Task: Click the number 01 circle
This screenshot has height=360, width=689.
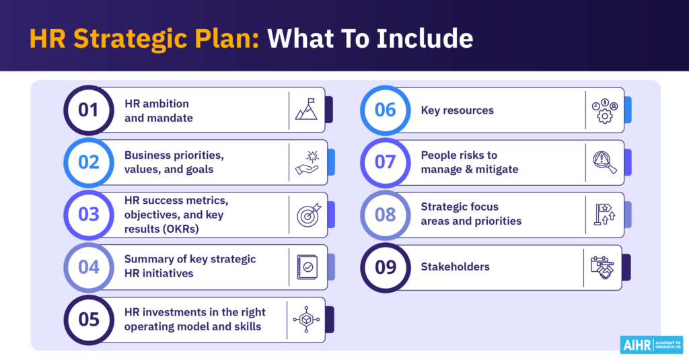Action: pos(89,110)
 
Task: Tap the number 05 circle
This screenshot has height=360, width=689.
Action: pos(89,320)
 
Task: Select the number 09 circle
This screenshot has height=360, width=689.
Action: pos(386,267)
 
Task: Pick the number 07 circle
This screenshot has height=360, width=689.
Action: pos(386,162)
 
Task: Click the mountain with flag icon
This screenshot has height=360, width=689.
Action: pos(306,110)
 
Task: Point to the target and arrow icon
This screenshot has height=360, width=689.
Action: pos(309,215)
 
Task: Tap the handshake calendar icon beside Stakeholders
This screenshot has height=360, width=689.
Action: pos(602,267)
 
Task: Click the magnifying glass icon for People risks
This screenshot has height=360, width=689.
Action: pos(604,162)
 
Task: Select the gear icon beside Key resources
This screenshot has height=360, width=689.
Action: pos(604,110)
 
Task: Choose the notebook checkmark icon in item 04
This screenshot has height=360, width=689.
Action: pos(307,267)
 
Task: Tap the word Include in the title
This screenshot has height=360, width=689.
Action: pos(428,38)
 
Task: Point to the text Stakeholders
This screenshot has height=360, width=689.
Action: pos(455,267)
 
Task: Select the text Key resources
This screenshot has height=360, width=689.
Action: pos(458,110)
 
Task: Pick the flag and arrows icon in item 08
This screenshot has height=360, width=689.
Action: pos(603,215)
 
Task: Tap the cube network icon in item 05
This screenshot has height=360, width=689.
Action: pos(306,320)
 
